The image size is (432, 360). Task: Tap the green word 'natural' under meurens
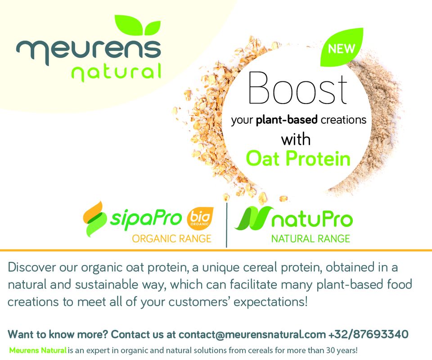[x=116, y=72]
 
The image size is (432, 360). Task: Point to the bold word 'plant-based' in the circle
[x=287, y=120]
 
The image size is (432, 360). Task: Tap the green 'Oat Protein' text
[x=298, y=158]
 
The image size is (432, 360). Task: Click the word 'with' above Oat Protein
[x=296, y=139]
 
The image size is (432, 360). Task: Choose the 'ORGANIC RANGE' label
[x=171, y=238]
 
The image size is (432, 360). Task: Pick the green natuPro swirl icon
[x=252, y=219]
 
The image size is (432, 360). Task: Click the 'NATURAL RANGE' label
[x=310, y=238]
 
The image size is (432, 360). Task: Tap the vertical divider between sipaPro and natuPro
[x=227, y=224]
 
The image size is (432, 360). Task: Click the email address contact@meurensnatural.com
[x=252, y=335]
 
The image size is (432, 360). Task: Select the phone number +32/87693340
[x=369, y=335]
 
